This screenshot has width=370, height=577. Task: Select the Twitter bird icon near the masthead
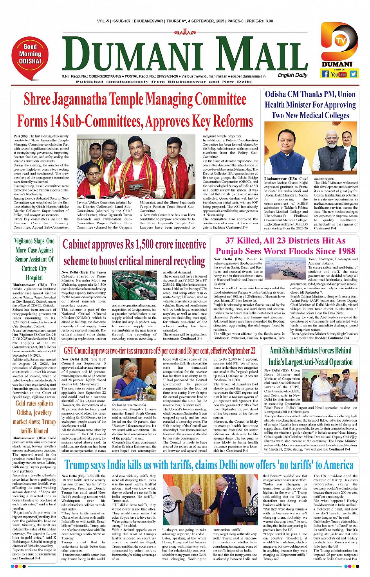pyautogui.click(x=354, y=74)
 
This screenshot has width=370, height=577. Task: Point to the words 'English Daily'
pyautogui.click(x=292, y=75)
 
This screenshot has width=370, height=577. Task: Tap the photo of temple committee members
pyautogui.click(x=136, y=167)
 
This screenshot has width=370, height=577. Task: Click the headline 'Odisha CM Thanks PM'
pyautogui.click(x=310, y=105)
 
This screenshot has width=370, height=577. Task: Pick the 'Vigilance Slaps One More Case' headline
pyautogui.click(x=34, y=259)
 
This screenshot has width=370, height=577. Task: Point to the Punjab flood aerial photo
pyautogui.click(x=285, y=268)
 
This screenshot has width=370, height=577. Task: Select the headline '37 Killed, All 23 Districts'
pyautogui.click(x=285, y=246)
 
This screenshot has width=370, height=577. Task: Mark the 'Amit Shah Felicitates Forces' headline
pyautogui.click(x=310, y=356)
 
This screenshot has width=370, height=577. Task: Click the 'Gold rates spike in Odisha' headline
pyautogui.click(x=34, y=417)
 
